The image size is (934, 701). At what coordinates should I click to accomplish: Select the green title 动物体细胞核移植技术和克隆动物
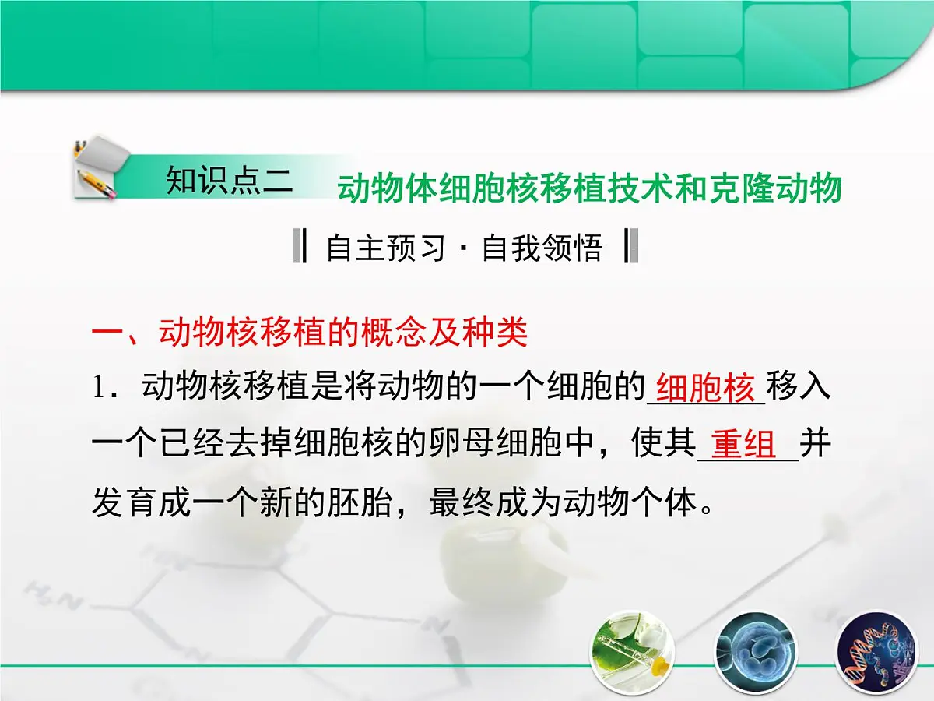coord(589,189)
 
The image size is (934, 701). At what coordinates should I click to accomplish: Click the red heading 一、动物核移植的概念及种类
coord(310,333)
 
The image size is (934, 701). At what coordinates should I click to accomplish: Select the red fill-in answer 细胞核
coord(706,388)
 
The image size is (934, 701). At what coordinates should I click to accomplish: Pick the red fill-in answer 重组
coord(744,446)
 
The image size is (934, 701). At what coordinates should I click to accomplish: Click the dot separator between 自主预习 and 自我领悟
coord(464,249)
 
